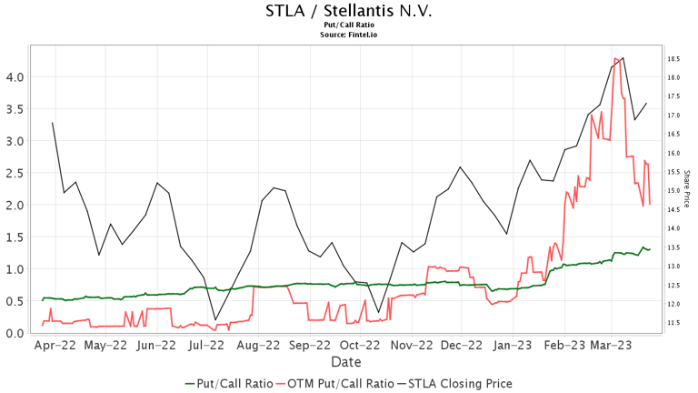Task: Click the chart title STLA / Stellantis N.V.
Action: tap(348, 11)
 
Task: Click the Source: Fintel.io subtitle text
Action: tap(348, 35)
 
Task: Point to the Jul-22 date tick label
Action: tap(206, 346)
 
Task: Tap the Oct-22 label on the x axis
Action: tap(360, 346)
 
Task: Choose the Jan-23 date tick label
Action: tap(514, 346)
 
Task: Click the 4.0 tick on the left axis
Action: tap(15, 77)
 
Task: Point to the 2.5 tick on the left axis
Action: tap(15, 173)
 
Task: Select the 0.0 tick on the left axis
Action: tap(15, 333)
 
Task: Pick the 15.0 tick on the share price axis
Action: tap(674, 191)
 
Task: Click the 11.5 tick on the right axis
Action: tap(674, 323)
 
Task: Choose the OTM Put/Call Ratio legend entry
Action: tap(335, 384)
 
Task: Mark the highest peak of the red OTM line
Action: tap(616, 59)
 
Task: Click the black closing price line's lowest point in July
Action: tap(215, 319)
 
